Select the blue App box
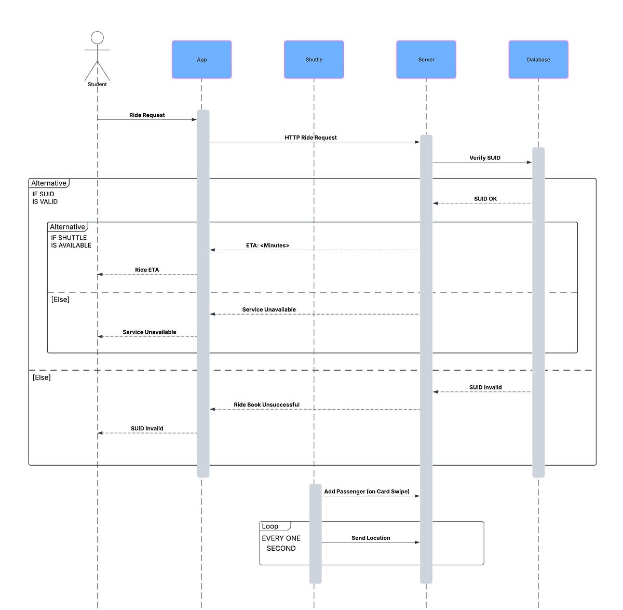201,60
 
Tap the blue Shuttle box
314,60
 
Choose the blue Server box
426,60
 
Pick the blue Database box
538,60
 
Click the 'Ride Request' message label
147,115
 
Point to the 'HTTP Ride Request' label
310,138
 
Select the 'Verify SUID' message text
485,158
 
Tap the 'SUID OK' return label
485,199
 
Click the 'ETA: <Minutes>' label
267,246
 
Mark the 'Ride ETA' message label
147,270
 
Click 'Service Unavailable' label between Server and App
269,309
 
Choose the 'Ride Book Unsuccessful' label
266,405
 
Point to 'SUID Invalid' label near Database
485,387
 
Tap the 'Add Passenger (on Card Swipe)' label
367,492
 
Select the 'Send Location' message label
371,538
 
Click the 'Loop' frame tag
270,526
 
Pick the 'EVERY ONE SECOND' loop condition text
281,543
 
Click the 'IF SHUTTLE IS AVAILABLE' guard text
71,241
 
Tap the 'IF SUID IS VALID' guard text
45,198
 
